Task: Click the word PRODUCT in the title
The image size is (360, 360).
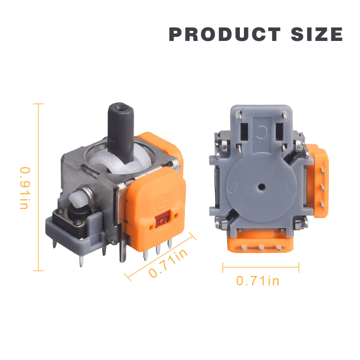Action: pos(225,34)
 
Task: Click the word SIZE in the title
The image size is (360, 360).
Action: pos(317,34)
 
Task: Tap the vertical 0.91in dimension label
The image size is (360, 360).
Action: pos(25,188)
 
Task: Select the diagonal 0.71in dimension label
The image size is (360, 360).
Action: pos(168,263)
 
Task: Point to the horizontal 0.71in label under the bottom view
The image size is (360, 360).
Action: pos(257,281)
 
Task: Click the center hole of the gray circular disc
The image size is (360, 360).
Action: pos(261,187)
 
